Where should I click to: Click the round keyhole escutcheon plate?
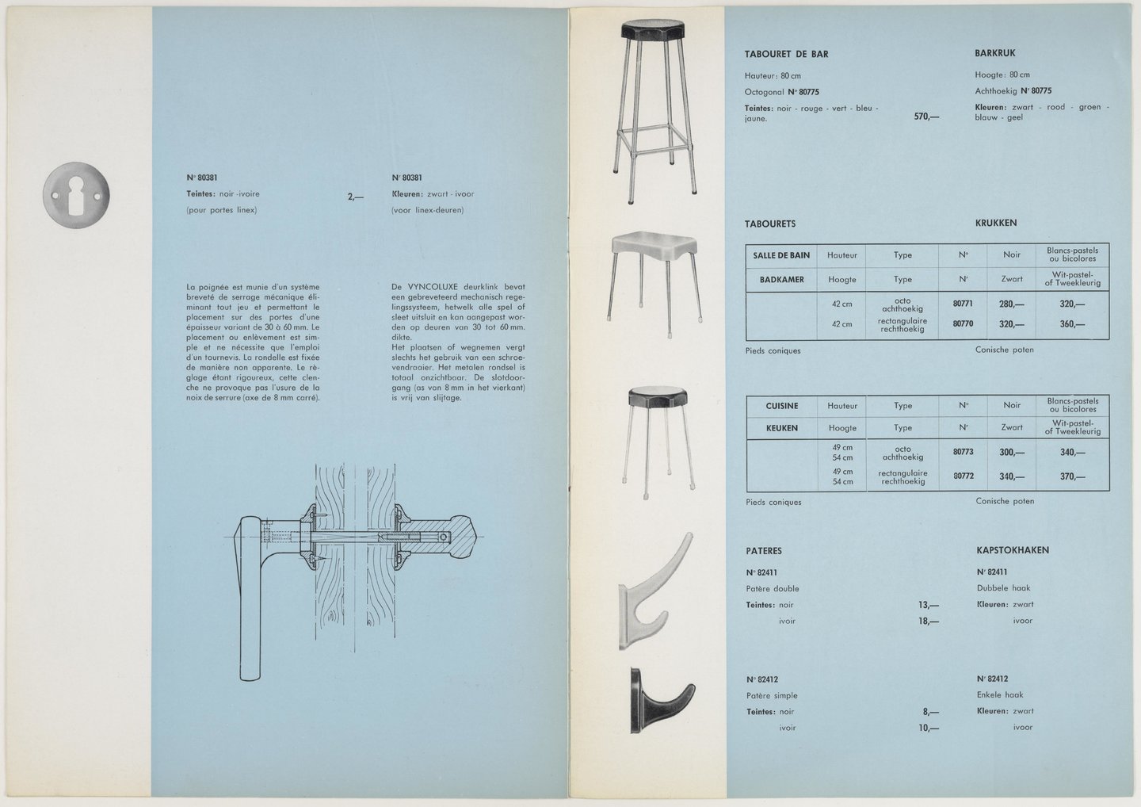77,197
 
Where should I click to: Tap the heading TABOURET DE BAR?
787,55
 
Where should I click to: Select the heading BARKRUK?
994,54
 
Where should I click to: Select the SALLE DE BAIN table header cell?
780,255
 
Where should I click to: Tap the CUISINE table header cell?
781,406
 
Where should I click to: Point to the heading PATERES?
763,551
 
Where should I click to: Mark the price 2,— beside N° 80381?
355,198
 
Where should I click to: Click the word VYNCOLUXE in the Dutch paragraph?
434,287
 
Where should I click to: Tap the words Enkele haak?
1000,695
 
